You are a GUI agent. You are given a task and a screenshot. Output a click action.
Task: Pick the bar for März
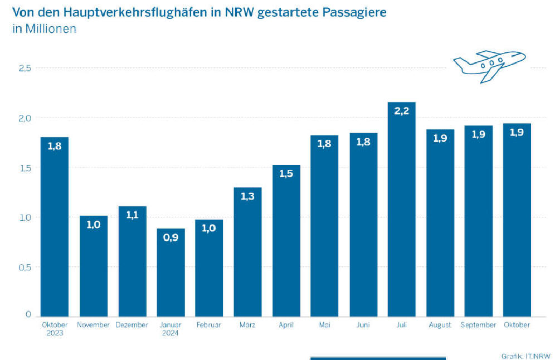tap(247, 251)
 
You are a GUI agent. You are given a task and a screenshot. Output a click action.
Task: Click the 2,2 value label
tap(401, 111)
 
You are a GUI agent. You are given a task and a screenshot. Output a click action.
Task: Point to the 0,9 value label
tap(171, 239)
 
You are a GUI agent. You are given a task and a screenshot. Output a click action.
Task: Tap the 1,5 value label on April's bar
tap(286, 174)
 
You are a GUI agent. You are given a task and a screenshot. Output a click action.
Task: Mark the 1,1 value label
tap(132, 216)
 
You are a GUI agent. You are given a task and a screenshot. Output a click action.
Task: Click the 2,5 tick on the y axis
tap(25, 68)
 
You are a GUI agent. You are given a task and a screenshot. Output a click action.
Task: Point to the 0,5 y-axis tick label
tap(25, 266)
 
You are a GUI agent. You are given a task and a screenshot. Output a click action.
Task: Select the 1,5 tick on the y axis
tap(25, 167)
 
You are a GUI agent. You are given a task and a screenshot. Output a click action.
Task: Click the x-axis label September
tap(478, 325)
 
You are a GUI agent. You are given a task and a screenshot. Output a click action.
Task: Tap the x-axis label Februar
tap(209, 325)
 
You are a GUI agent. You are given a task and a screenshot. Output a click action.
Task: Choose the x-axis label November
tap(93, 325)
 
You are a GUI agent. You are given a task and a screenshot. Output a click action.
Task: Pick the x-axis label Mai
tap(324, 325)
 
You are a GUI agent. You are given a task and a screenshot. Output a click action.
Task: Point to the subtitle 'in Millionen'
tap(44, 29)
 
